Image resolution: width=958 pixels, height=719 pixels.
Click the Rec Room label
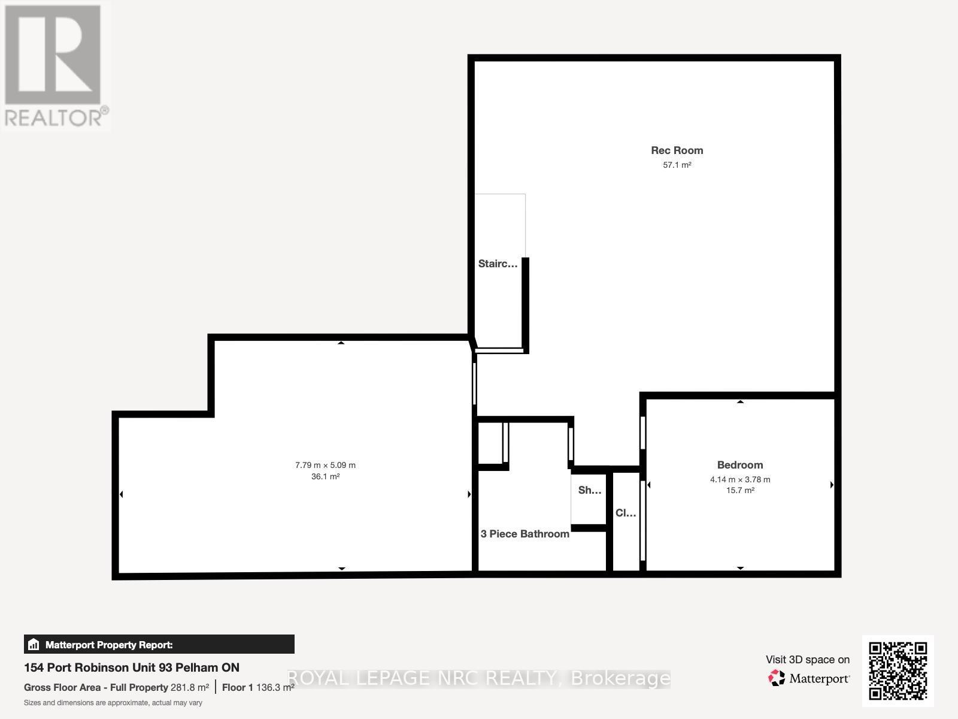tap(677, 150)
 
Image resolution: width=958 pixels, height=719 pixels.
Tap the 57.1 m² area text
tap(677, 165)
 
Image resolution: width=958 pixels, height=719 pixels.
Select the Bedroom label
tap(740, 465)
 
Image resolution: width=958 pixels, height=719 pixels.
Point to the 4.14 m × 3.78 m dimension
tap(740, 479)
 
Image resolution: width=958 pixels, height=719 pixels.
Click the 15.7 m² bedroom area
tap(740, 490)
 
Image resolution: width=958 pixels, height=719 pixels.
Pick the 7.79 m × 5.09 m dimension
tap(325, 465)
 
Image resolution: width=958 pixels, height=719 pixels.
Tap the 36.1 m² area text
tap(325, 477)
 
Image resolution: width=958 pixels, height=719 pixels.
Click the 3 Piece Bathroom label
tap(525, 534)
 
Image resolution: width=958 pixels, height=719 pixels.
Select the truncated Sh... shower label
tap(590, 490)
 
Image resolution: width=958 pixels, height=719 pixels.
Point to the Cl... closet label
tap(626, 513)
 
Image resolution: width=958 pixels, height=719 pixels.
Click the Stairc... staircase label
tap(498, 264)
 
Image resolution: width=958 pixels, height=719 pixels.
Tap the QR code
tap(898, 670)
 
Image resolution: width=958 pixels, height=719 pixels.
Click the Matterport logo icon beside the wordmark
tap(777, 678)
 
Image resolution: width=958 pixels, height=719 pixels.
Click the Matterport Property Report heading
tap(109, 645)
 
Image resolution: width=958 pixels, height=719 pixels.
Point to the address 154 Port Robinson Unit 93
tap(132, 667)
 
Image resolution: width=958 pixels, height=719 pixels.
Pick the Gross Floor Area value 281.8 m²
tap(190, 687)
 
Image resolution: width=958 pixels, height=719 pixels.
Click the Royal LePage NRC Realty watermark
tap(479, 678)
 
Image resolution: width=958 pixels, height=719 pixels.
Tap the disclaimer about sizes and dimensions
tap(113, 703)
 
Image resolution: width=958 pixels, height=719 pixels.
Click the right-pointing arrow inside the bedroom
tap(832, 485)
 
